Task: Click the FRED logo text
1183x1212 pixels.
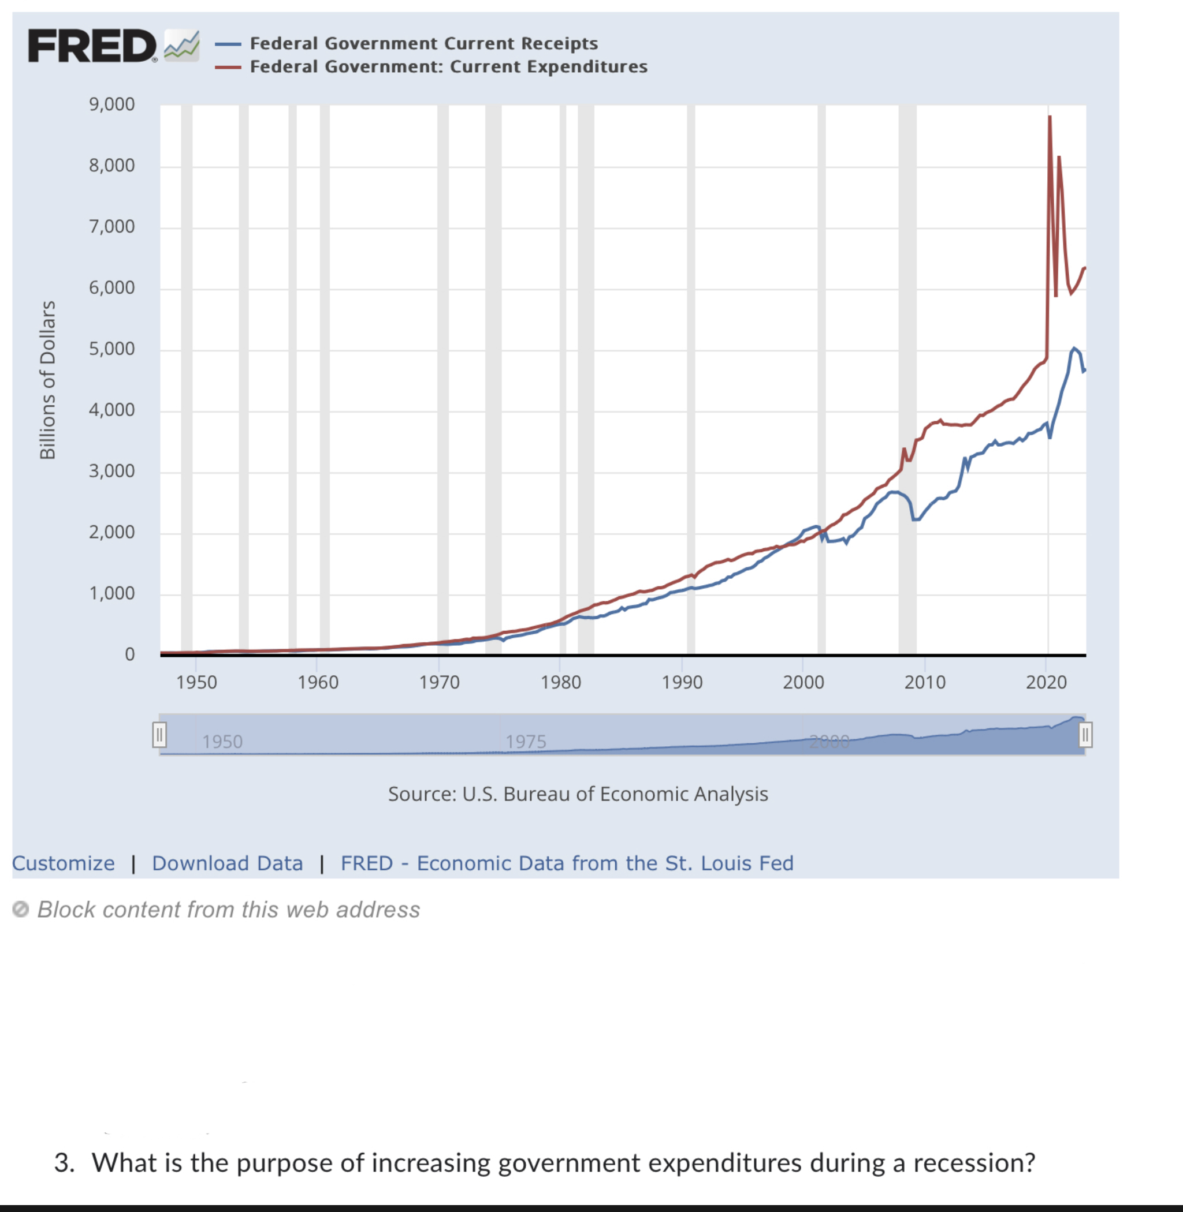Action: [92, 46]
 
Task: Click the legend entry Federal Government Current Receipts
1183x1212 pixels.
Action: [423, 43]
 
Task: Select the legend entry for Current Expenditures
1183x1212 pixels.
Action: [448, 66]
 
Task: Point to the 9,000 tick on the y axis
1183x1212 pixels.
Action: [112, 104]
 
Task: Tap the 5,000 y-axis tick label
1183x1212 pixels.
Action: [112, 349]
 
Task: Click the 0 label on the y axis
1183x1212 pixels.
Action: [129, 654]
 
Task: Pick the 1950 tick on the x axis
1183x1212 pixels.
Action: [196, 682]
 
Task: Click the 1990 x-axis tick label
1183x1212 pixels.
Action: [682, 682]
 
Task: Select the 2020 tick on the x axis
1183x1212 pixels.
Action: [1046, 682]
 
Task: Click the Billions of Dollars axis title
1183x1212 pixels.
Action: [48, 380]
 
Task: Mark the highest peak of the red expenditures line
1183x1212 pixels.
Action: [1050, 117]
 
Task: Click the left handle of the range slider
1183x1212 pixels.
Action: [159, 735]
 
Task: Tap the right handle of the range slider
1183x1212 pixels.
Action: [1085, 735]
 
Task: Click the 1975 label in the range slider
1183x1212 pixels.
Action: [526, 742]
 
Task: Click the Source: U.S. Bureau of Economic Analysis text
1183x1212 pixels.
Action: [578, 794]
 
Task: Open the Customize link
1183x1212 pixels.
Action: [64, 863]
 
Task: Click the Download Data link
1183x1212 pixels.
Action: [228, 863]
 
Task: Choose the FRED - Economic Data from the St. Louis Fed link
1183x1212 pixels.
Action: [567, 863]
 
